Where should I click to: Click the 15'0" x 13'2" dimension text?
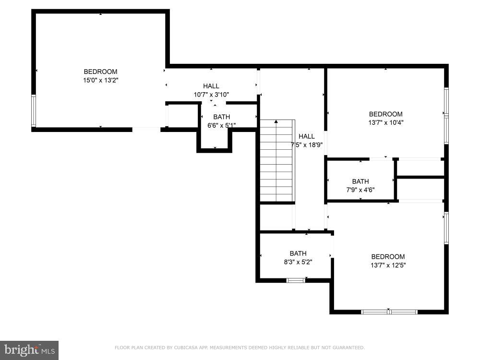101,81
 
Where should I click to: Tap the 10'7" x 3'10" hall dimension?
211,95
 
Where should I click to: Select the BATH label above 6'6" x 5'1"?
222,117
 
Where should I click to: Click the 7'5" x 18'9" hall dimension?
307,145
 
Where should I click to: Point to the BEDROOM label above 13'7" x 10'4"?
386,114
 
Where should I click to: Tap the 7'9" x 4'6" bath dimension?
360,190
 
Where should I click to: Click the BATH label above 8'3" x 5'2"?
298,253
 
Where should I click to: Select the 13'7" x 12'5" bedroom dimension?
388,265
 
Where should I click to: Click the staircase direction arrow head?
276,122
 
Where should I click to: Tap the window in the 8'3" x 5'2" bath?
296,280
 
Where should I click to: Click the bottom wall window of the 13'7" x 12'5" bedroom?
389,312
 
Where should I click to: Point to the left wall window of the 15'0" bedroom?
34,110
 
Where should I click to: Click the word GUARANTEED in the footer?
348,348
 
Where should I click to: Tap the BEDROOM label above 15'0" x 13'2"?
101,72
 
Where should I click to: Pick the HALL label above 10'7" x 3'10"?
211,86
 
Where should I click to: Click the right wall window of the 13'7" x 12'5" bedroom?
446,228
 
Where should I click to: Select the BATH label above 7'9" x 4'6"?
360,181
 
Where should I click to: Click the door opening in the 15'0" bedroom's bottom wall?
146,130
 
